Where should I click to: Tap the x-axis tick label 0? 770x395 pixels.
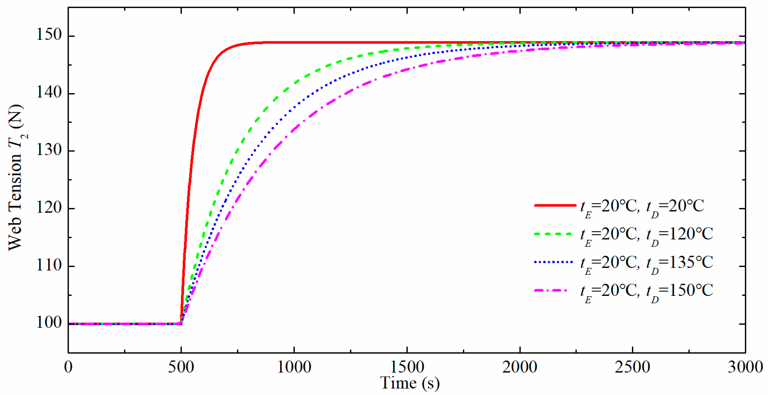[x=68, y=367]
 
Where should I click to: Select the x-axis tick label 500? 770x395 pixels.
[x=181, y=367]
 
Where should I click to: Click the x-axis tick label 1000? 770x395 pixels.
[x=294, y=367]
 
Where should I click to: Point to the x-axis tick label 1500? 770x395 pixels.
[x=407, y=367]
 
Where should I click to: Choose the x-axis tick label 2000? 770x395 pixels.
[x=520, y=367]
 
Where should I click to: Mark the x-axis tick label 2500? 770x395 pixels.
[x=633, y=367]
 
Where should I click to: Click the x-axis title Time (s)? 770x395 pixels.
[x=410, y=383]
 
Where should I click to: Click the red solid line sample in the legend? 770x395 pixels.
[x=555, y=205]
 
